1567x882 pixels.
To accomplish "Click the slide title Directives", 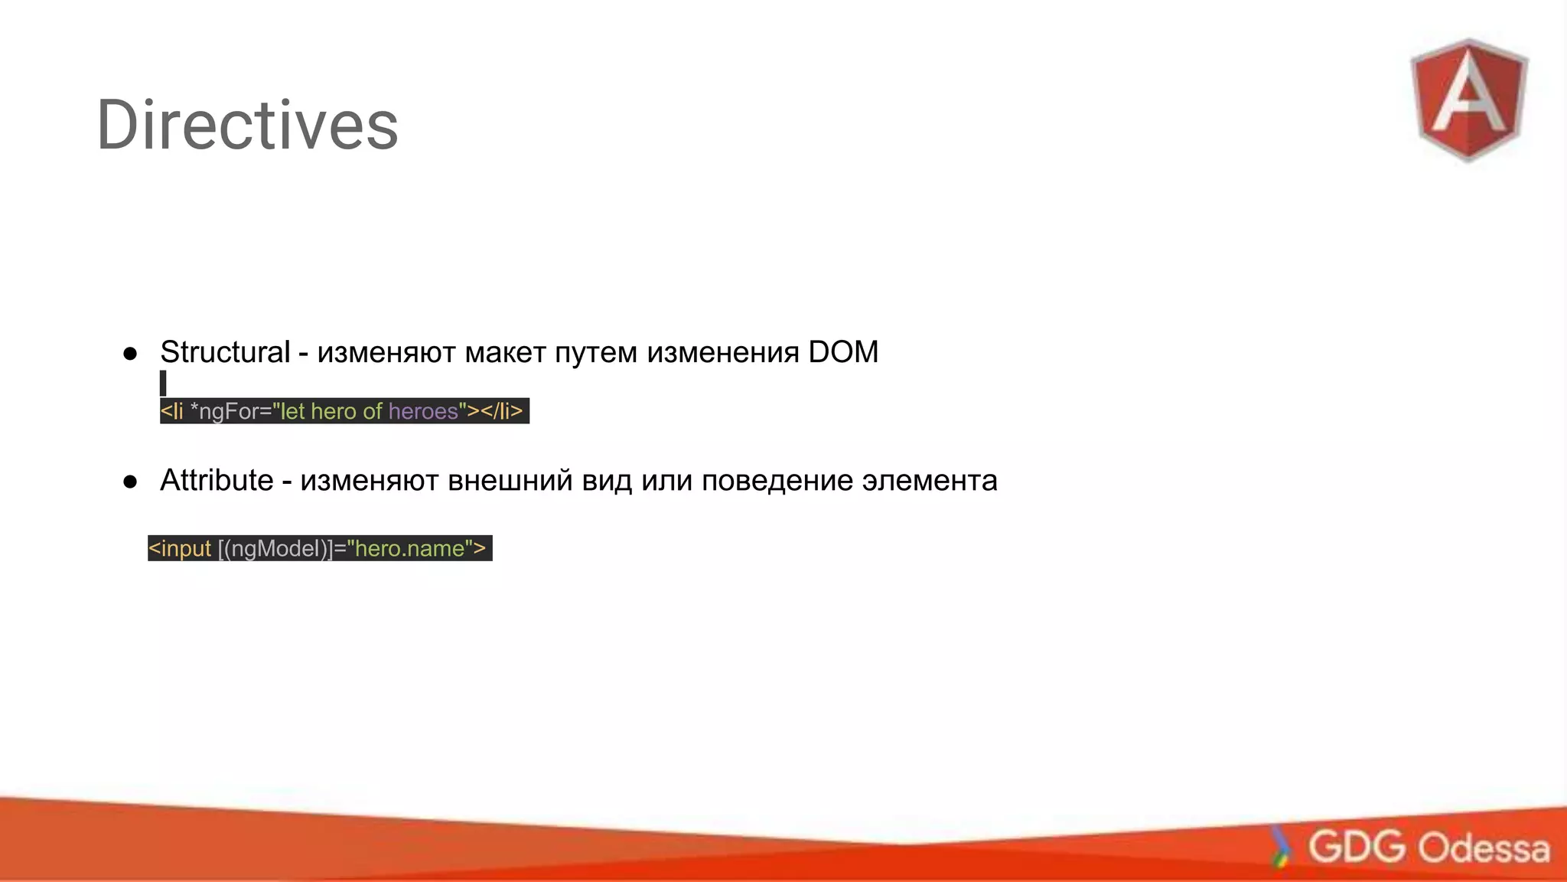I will tap(247, 125).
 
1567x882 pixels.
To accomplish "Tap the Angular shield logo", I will tap(1469, 100).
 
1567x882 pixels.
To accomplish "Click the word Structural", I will tap(225, 352).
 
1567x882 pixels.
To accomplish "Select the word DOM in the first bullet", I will tap(843, 352).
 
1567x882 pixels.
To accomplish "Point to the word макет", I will tap(505, 352).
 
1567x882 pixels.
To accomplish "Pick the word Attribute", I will tap(217, 481).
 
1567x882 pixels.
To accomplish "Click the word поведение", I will tap(777, 481).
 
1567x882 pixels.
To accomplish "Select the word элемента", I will tap(930, 481).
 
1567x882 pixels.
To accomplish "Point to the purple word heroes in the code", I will tap(422, 411).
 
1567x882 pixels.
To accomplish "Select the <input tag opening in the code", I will tap(180, 548).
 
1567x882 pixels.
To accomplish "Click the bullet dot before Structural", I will tap(130, 354).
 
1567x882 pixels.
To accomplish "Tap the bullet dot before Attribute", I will tap(130, 482).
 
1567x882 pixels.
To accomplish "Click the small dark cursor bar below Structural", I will tap(163, 383).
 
